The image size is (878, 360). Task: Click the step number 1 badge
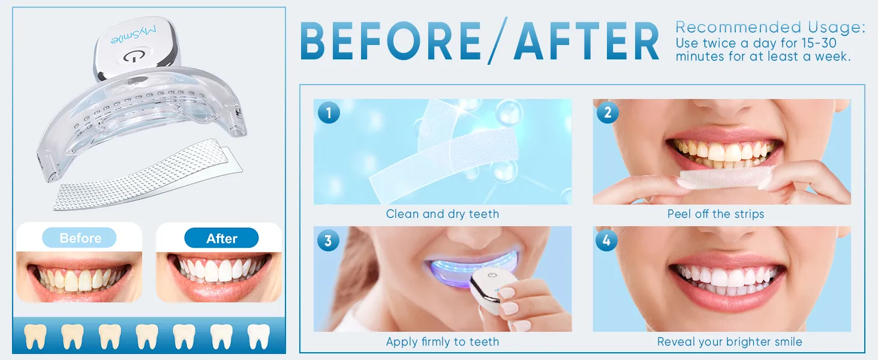click(329, 113)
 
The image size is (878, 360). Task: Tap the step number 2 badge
click(608, 113)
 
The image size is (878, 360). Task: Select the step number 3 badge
click(329, 241)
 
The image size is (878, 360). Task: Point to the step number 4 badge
click(608, 241)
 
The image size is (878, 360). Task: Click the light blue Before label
click(80, 238)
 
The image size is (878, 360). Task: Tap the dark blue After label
click(221, 238)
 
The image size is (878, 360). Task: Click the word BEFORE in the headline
click(390, 42)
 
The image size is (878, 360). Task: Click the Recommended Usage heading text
click(770, 27)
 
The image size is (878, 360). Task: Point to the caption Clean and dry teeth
click(442, 214)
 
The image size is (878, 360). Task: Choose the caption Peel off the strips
click(715, 214)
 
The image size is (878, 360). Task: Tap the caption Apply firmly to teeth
click(442, 342)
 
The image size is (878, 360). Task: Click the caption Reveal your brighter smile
click(729, 342)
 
